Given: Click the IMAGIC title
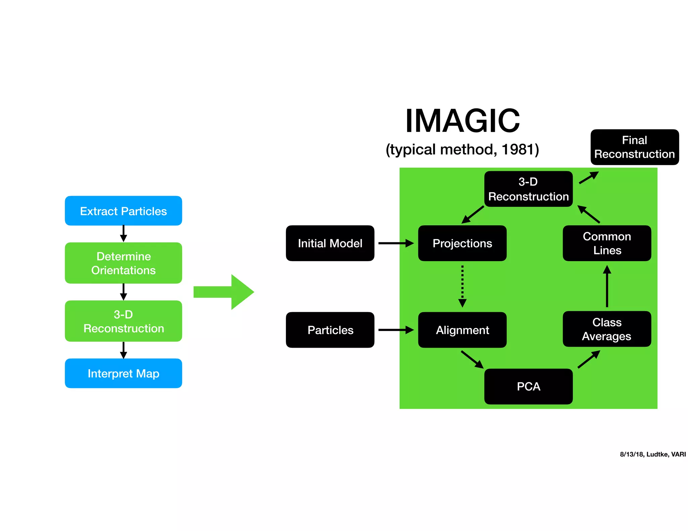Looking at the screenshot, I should pyautogui.click(x=462, y=121).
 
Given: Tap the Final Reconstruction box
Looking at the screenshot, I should pyautogui.click(x=634, y=147).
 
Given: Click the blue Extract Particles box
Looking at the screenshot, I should pyautogui.click(x=123, y=211).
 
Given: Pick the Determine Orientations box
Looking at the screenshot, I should pyautogui.click(x=123, y=263).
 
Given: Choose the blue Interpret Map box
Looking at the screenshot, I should pyautogui.click(x=123, y=373).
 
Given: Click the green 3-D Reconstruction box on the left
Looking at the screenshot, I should pyautogui.click(x=123, y=321).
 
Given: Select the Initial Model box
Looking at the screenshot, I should pyautogui.click(x=330, y=243).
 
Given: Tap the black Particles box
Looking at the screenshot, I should pyautogui.click(x=330, y=330).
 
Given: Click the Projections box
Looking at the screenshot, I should pyautogui.click(x=462, y=243).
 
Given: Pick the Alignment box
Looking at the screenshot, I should pyautogui.click(x=462, y=330).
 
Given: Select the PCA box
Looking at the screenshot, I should pyautogui.click(x=528, y=386).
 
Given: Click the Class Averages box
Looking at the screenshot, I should pyautogui.click(x=607, y=329).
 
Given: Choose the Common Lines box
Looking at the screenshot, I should pyautogui.click(x=607, y=243).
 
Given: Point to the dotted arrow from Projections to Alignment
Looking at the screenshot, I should pyautogui.click(x=462, y=285).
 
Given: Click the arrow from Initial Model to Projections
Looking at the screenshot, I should pyautogui.click(x=396, y=243).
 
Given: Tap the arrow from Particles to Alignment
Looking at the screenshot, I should pyautogui.click(x=396, y=330).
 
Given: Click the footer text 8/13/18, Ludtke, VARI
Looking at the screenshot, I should pyautogui.click(x=652, y=454).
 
